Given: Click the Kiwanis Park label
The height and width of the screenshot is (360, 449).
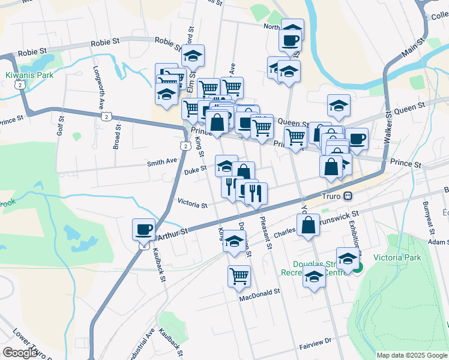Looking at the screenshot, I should (29, 75).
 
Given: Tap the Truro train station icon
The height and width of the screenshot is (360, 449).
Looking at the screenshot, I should (348, 197).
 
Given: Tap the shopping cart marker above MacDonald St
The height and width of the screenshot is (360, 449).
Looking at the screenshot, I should (239, 276).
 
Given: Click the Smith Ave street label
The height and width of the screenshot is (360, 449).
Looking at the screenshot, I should (163, 161).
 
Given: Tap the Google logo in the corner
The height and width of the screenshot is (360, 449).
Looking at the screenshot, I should (20, 353).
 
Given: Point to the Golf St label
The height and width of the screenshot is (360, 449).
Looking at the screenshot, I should (60, 124).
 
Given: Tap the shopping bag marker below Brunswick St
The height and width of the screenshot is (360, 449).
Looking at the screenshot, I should (308, 226).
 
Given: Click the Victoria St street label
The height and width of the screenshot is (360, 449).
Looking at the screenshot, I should (192, 205).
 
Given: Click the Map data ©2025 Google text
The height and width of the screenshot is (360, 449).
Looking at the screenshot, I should (411, 355).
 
